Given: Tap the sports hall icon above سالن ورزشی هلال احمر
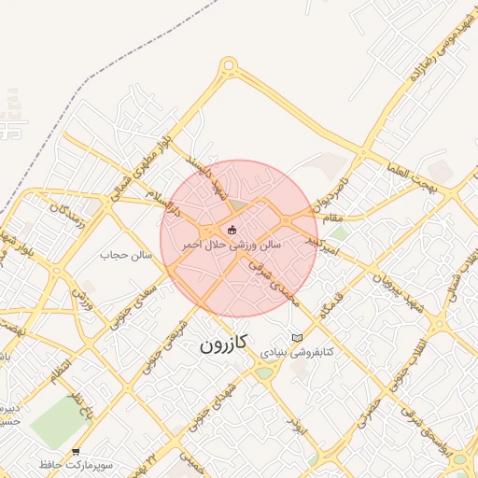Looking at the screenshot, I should point(232,230).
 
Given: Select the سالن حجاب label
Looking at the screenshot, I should point(127,253).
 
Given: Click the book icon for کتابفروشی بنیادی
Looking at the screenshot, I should point(298,338).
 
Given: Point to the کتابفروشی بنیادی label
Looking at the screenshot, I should point(291,354).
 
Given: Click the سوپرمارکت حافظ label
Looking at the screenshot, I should point(76,465).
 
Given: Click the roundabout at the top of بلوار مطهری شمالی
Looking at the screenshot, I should point(229,67).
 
